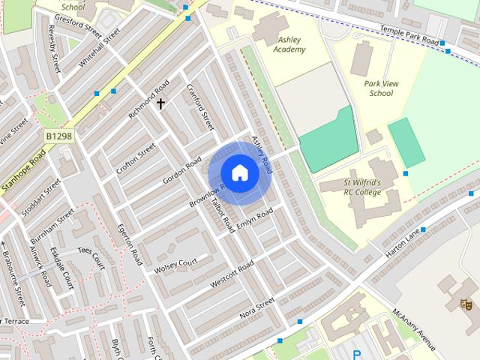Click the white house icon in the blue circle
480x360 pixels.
[x=239, y=172]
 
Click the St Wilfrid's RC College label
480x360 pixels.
[x=362, y=187]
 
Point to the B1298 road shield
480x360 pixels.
[x=58, y=136]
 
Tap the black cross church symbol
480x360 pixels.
[x=160, y=104]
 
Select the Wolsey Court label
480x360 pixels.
[x=175, y=265]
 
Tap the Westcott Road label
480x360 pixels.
[x=232, y=274]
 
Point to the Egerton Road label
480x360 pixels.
[x=128, y=241]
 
